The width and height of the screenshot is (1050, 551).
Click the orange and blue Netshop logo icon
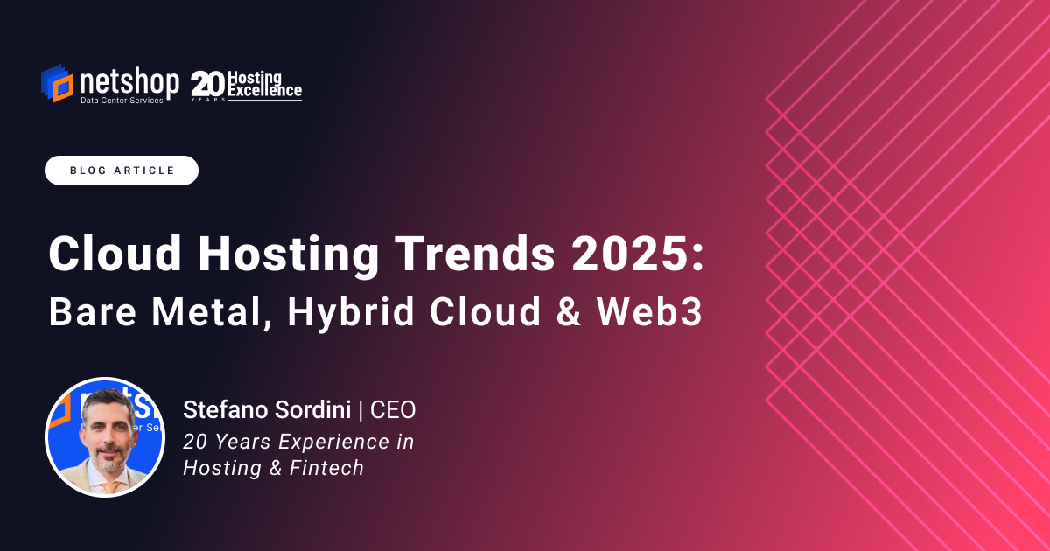[x=57, y=84]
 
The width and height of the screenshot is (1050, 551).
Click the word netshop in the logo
[x=129, y=82]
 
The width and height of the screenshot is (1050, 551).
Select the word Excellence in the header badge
[x=265, y=90]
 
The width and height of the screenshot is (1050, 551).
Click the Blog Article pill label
[x=122, y=171]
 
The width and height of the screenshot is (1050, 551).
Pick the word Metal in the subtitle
[x=203, y=312]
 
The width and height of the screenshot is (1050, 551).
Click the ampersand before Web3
[x=570, y=312]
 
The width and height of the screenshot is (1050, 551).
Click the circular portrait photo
[x=105, y=437]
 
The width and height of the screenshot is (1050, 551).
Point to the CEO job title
[x=393, y=409]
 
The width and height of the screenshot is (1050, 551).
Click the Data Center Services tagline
[x=122, y=101]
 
